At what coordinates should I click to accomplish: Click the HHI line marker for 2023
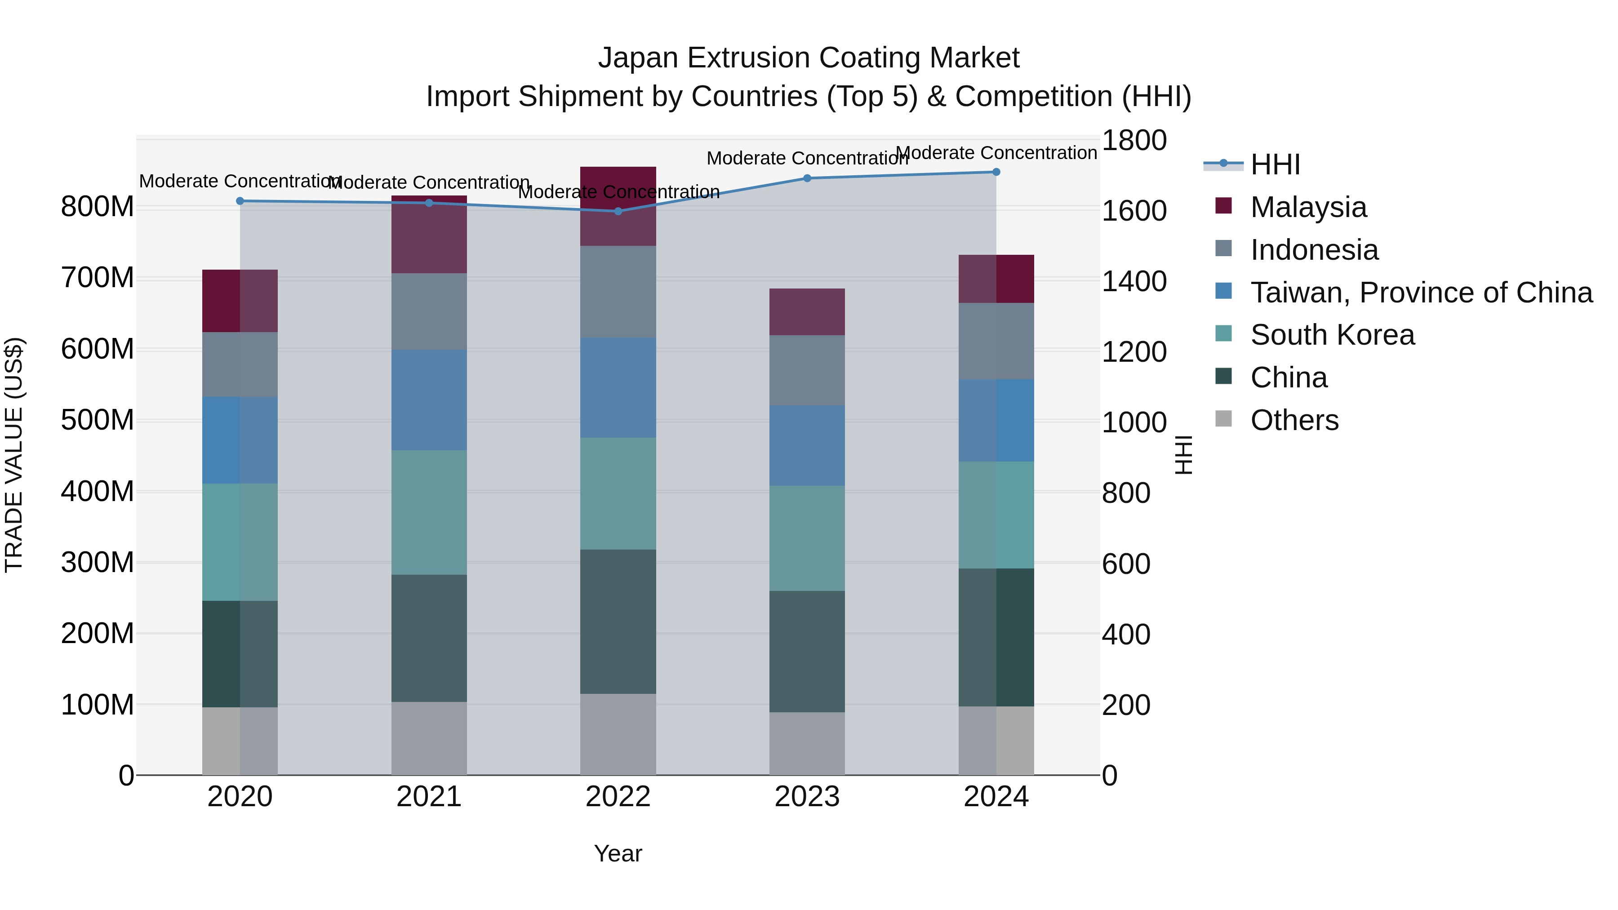tap(807, 178)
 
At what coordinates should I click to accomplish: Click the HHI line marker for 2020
tap(240, 201)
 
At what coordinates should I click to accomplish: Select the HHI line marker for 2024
tap(996, 172)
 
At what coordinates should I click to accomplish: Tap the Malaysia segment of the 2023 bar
tap(807, 312)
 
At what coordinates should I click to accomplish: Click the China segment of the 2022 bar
tap(618, 622)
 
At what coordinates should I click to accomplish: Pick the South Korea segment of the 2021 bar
tap(429, 512)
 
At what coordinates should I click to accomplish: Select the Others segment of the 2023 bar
tap(807, 744)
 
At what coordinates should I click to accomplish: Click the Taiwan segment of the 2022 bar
tap(618, 387)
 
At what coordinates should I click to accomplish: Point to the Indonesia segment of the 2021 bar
tap(429, 311)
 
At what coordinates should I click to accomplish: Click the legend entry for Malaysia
tap(1308, 207)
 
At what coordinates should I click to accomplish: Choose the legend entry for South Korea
tap(1332, 335)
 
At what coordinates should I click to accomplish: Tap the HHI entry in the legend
tap(1275, 164)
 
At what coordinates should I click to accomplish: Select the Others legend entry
tap(1294, 420)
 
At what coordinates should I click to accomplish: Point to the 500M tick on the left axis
tap(98, 420)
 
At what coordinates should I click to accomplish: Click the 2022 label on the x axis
tap(618, 797)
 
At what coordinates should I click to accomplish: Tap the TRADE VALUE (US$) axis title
tap(14, 455)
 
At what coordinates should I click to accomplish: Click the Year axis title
tap(618, 853)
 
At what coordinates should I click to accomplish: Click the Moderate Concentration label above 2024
tap(996, 153)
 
